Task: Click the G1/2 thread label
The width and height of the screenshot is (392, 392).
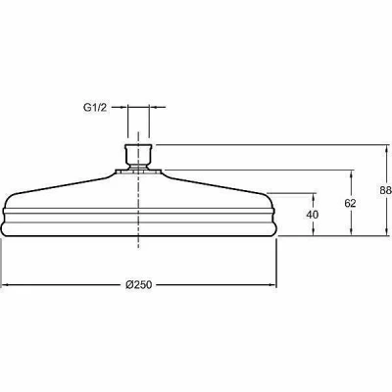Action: pyautogui.click(x=95, y=108)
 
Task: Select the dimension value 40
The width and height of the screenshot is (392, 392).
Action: pyautogui.click(x=313, y=215)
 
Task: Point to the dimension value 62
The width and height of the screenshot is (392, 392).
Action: pyautogui.click(x=350, y=203)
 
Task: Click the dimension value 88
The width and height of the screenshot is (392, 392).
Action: pyautogui.click(x=386, y=190)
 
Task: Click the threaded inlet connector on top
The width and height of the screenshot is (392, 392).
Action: pyautogui.click(x=138, y=156)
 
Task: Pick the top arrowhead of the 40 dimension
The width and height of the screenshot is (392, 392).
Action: pyautogui.click(x=314, y=197)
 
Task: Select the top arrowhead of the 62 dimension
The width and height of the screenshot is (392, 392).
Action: pyautogui.click(x=351, y=174)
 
